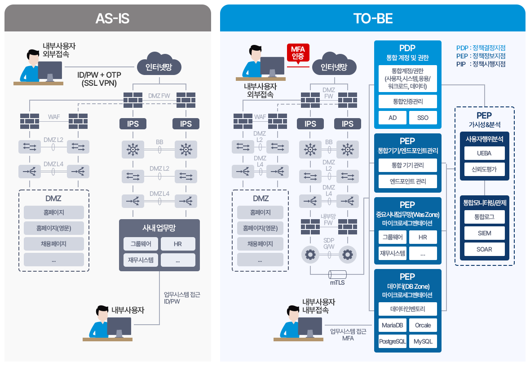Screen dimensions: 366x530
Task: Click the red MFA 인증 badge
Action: pyautogui.click(x=298, y=53)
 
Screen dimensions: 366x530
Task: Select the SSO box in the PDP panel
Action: pyautogui.click(x=423, y=118)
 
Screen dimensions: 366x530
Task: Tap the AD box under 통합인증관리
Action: pyautogui.click(x=392, y=118)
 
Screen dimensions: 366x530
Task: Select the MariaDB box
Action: pyautogui.click(x=392, y=325)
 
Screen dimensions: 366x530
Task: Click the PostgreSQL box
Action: pyautogui.click(x=392, y=341)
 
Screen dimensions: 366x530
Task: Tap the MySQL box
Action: pyautogui.click(x=423, y=341)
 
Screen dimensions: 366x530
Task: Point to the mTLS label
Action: pyautogui.click(x=337, y=283)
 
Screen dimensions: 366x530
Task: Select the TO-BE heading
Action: pyautogui.click(x=373, y=18)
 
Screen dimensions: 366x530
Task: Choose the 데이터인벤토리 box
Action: pyautogui.click(x=407, y=309)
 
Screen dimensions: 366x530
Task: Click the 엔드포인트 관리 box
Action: pyautogui.click(x=407, y=181)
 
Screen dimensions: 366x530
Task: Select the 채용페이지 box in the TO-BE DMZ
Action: pyautogui.click(x=260, y=244)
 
